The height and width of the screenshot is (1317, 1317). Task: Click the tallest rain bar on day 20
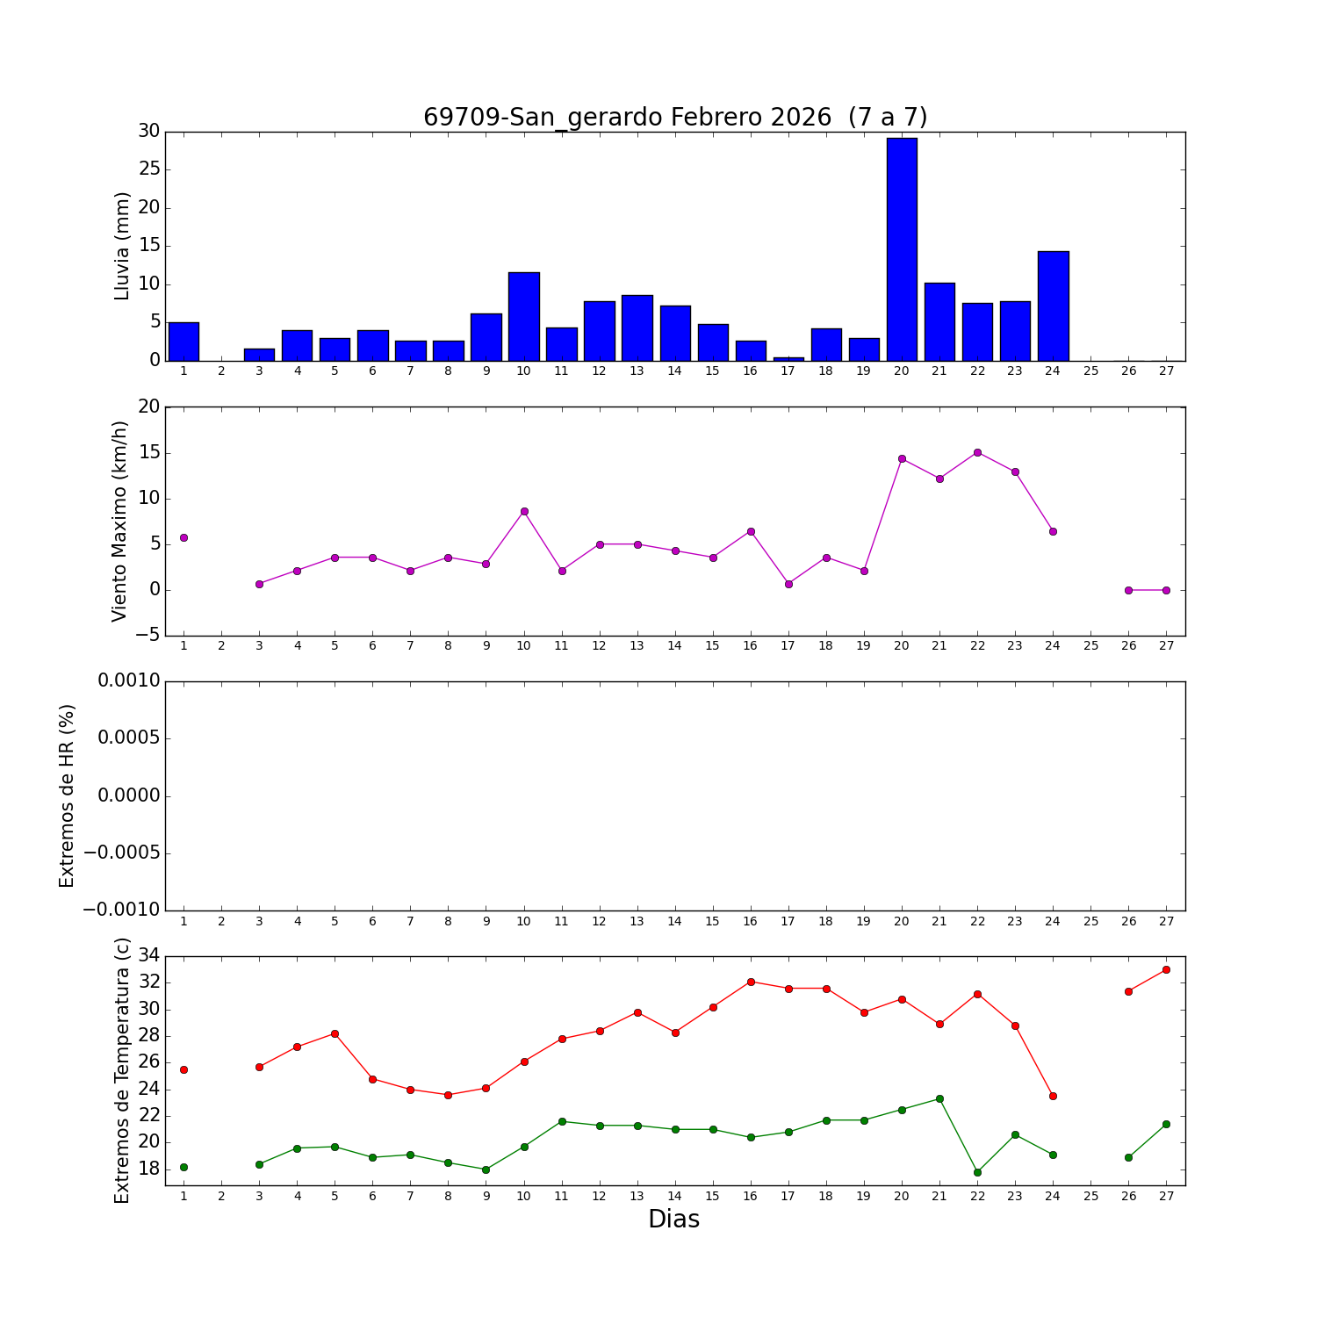902,249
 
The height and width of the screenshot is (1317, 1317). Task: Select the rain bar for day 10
524,316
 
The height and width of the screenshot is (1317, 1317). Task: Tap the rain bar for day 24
1053,306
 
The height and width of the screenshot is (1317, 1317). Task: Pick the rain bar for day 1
184,342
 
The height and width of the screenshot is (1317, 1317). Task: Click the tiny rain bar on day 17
788,358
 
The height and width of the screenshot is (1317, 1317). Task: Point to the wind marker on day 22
977,452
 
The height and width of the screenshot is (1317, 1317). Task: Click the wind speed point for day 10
524,511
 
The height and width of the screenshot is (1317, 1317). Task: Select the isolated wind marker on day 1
184,537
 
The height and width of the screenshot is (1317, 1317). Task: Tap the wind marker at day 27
1166,590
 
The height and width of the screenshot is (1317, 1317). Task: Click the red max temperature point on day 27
1166,969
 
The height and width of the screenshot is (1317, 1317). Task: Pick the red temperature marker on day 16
751,982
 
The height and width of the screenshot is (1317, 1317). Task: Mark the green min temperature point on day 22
977,1172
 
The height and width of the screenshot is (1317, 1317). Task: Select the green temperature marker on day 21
939,1098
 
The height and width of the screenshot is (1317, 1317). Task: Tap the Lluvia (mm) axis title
122,246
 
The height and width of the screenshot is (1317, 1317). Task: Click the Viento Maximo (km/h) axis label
119,521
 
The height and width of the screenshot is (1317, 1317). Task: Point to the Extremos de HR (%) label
67,795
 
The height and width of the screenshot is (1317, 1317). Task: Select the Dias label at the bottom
673,1220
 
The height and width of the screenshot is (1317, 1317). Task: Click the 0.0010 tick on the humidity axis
128,680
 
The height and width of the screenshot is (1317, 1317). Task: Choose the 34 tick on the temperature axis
148,955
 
